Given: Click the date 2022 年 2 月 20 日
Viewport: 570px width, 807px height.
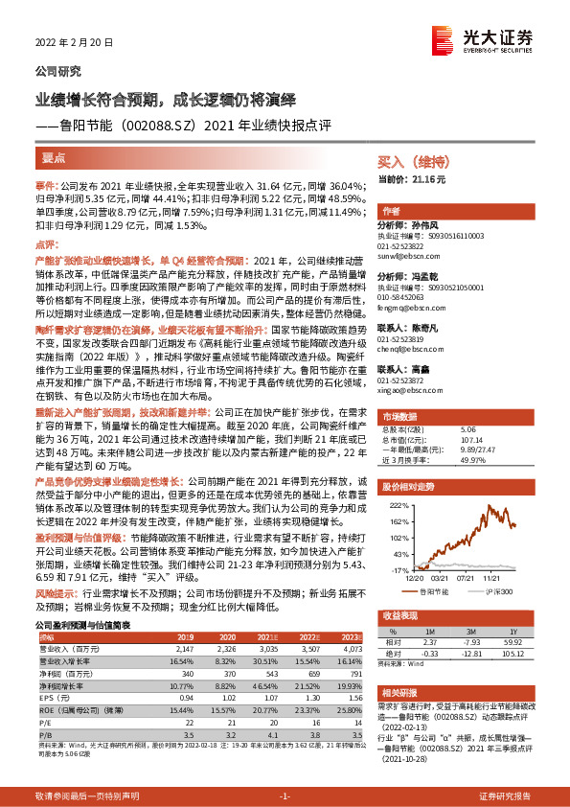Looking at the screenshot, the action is click(74, 43).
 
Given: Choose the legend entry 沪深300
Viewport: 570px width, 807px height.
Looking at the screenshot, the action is click(496, 591).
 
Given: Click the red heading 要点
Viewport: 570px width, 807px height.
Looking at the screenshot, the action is click(55, 156).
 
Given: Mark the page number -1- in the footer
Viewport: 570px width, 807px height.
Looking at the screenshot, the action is click(285, 796).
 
